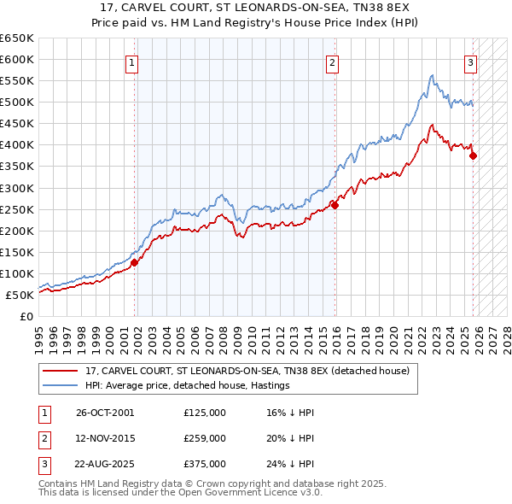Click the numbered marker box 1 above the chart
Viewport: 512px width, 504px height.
point(134,62)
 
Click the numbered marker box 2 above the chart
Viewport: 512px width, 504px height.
point(332,62)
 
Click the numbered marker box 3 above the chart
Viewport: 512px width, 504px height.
point(470,62)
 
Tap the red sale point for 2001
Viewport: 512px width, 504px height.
point(135,263)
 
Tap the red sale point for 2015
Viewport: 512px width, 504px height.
point(335,205)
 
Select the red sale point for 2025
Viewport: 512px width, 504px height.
point(474,155)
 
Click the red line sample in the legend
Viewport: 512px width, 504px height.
point(61,372)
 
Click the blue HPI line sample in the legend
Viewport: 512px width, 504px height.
point(61,386)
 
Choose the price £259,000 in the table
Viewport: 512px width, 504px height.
point(205,438)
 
